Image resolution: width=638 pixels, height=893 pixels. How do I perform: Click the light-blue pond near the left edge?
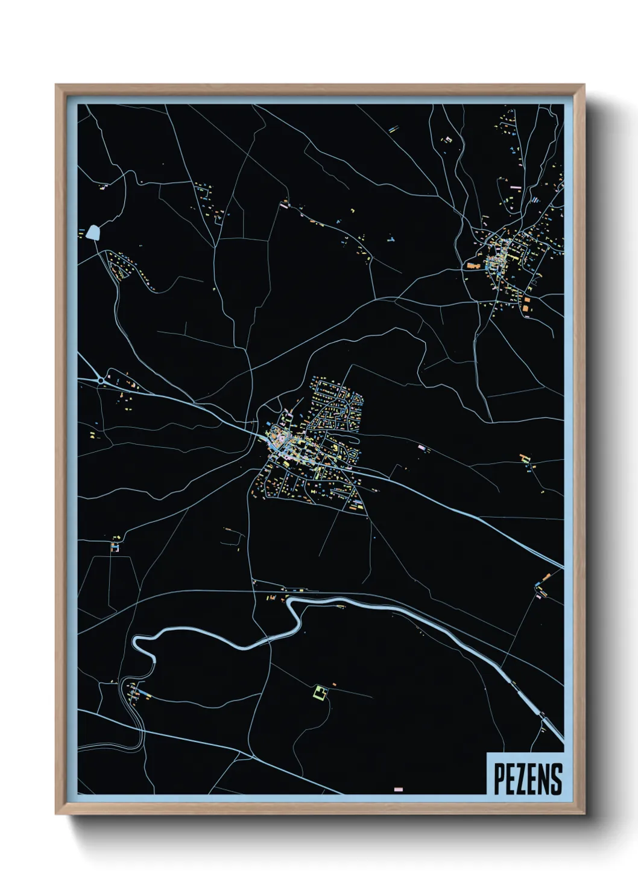click(93, 232)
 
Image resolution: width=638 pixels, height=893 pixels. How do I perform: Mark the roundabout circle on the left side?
click(100, 380)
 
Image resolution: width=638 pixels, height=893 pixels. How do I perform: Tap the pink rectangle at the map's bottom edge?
click(398, 789)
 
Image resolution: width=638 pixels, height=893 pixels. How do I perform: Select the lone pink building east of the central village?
click(422, 448)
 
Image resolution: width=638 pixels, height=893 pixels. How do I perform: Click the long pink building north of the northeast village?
click(516, 188)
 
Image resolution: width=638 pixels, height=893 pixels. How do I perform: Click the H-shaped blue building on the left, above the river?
click(114, 547)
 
